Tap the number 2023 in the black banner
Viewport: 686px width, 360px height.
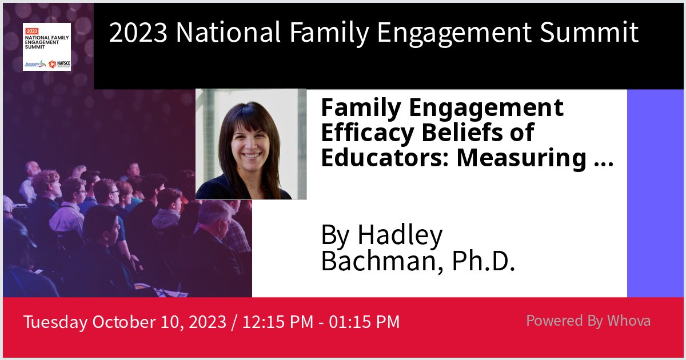pos(138,33)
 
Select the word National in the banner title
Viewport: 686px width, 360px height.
pos(228,33)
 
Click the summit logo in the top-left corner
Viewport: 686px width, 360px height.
pos(47,47)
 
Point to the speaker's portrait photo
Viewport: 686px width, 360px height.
pos(251,144)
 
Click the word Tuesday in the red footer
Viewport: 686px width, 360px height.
pos(55,322)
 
